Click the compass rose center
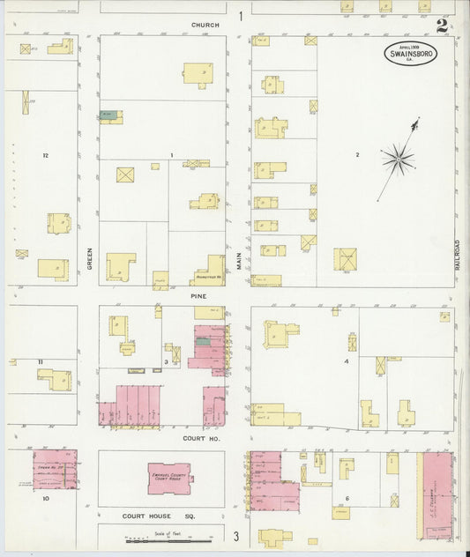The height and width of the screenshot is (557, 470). tap(398, 159)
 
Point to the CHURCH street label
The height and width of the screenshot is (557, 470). tap(205, 25)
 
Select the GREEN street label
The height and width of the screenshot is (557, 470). tap(90, 256)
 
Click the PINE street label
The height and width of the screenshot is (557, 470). tap(198, 296)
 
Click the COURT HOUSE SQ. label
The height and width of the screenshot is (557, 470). tap(165, 514)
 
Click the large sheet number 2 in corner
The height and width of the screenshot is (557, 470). tap(441, 24)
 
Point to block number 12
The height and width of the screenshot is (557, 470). tap(43, 154)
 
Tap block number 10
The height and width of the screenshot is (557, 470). tap(44, 498)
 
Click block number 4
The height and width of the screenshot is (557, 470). tap(347, 361)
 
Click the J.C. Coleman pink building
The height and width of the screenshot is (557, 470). tap(437, 494)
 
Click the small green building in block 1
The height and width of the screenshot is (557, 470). tap(108, 115)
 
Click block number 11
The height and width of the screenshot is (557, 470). tap(41, 362)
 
